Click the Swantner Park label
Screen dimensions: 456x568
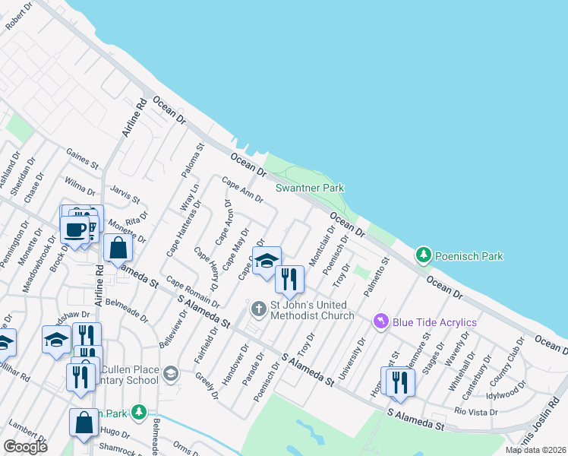tap(310, 188)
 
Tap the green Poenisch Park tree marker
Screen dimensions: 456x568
tap(424, 255)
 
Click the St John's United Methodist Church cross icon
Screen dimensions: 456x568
tap(258, 309)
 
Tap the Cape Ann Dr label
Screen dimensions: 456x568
tap(242, 189)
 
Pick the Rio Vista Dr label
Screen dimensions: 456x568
tap(475, 412)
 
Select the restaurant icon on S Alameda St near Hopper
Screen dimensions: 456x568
tap(399, 382)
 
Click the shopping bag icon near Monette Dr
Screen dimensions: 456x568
tap(118, 248)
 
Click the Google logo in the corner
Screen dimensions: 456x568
tap(26, 447)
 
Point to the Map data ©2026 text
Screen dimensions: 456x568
tap(535, 450)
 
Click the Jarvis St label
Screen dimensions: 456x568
tap(125, 195)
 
